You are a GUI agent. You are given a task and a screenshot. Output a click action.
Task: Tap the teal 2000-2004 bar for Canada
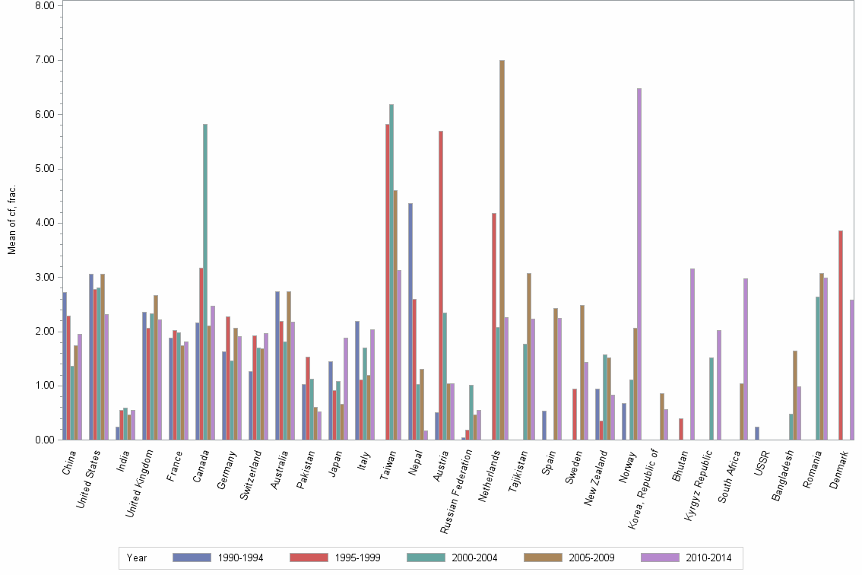pyautogui.click(x=205, y=281)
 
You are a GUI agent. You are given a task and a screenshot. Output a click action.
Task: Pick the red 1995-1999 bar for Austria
pyautogui.click(x=441, y=285)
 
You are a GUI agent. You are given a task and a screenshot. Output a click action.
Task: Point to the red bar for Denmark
pyautogui.click(x=840, y=335)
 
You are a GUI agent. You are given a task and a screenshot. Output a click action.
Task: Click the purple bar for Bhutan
pyautogui.click(x=692, y=354)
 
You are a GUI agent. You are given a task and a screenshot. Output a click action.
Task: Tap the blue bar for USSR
pyautogui.click(x=757, y=433)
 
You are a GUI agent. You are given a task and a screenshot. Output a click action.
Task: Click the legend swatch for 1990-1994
pyautogui.click(x=192, y=558)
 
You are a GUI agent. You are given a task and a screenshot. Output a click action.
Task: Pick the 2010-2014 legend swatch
pyautogui.click(x=660, y=558)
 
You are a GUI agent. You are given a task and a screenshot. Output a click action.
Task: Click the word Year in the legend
pyautogui.click(x=138, y=558)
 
